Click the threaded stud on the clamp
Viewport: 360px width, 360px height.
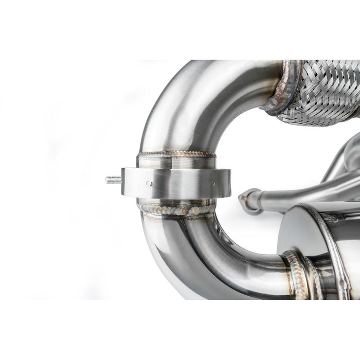[x=114, y=180]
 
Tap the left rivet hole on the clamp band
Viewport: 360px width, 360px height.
[x=148, y=183]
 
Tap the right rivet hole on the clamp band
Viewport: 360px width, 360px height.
[x=212, y=182]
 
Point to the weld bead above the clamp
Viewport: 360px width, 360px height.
[x=176, y=154]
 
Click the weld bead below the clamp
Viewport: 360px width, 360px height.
[x=176, y=209]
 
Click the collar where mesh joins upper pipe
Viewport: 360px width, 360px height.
[x=282, y=87]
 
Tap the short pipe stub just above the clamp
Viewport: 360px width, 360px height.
[x=176, y=161]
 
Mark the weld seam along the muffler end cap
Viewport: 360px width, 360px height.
[x=329, y=242]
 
